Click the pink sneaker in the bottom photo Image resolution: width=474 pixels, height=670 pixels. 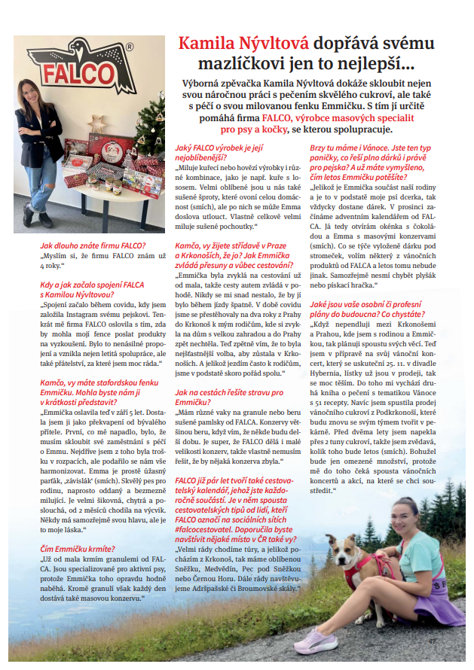point(320,647)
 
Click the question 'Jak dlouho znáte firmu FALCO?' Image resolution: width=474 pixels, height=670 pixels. point(93,245)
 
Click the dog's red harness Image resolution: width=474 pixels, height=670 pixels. point(365,568)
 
